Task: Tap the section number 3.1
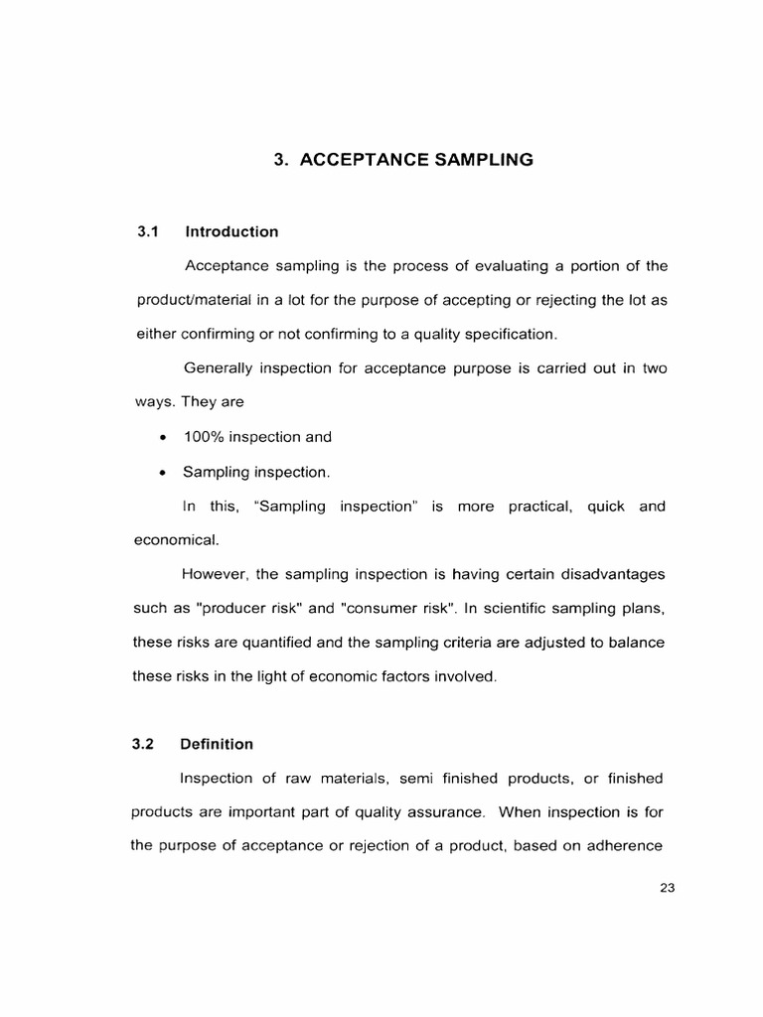(148, 231)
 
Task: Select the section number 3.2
(147, 743)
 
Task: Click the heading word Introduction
(230, 231)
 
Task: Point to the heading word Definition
(217, 743)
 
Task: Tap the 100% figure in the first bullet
(205, 437)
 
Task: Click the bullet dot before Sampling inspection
(161, 473)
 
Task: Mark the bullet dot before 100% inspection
(161, 438)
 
